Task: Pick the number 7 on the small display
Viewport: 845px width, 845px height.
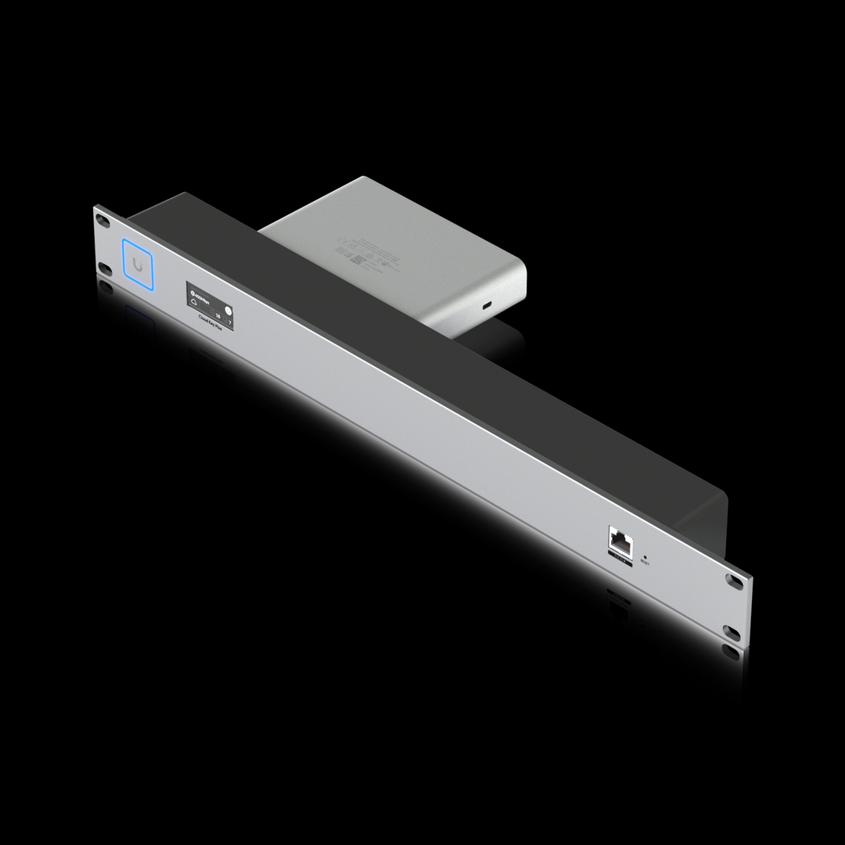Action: pos(230,322)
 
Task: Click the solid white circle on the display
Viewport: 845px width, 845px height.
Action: pos(228,307)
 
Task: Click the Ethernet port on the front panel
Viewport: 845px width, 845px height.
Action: pos(619,541)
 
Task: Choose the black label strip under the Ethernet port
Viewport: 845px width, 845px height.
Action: pos(620,557)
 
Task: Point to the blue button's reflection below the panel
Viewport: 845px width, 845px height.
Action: pos(139,317)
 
